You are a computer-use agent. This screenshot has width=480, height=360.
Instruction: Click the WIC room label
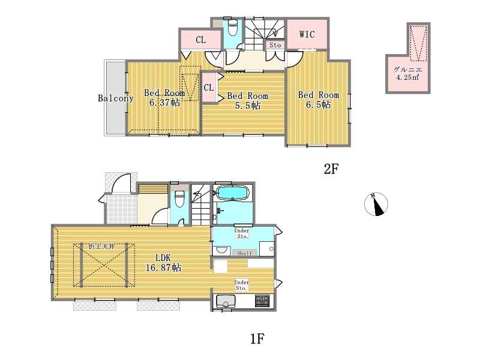coord(307,34)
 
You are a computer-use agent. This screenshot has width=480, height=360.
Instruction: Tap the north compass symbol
coord(376,204)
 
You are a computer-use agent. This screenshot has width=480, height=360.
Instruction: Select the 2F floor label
coord(331,169)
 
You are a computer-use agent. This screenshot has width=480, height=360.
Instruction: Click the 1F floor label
coord(257,338)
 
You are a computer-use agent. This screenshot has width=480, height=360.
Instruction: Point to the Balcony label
coord(115,98)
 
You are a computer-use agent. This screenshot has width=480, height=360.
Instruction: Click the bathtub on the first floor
coord(233,193)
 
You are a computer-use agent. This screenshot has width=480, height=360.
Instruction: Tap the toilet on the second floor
coord(233,27)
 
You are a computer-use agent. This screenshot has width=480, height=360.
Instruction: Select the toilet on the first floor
coord(179,199)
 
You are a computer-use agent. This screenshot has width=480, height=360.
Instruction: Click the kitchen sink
coord(226,301)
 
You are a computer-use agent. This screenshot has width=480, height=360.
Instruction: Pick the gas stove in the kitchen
coord(262,301)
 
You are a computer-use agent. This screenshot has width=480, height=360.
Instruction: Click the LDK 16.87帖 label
coord(163,263)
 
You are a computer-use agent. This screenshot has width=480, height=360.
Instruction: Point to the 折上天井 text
coord(101,247)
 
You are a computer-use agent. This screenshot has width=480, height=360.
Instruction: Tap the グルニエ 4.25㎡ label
coord(408,73)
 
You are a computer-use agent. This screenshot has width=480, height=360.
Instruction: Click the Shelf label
coord(245,253)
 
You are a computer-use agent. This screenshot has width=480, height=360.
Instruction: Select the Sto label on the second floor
coord(275,45)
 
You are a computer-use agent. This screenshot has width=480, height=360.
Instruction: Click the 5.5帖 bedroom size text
coord(248,106)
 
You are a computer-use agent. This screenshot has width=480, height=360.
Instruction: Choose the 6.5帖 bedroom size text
coord(319,104)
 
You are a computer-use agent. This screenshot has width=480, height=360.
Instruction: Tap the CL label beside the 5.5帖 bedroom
coord(208,88)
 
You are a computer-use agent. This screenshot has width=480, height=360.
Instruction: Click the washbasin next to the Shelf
coord(221,250)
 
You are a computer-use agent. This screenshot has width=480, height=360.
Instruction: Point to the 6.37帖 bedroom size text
coord(164,103)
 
